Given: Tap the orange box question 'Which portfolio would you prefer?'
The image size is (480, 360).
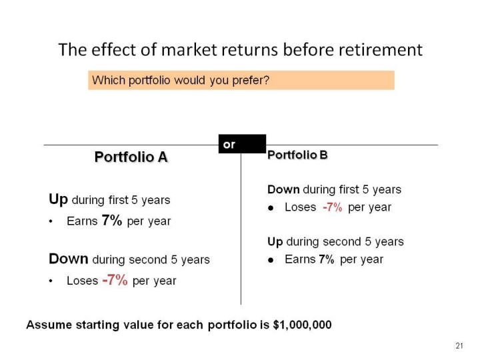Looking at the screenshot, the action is (241, 80).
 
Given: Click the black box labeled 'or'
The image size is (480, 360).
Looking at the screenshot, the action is (242, 144).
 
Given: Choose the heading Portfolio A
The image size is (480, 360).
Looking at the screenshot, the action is (131, 157).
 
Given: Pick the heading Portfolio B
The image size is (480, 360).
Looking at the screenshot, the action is (297, 155).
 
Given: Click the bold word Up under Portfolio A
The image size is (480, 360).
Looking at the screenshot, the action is (58, 199).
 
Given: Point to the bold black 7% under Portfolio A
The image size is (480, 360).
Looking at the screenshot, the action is (112, 220).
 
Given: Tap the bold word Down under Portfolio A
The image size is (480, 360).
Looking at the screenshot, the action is (69, 259).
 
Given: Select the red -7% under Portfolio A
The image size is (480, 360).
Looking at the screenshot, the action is (115, 280).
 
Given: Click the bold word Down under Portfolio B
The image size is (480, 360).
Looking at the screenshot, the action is (283, 189).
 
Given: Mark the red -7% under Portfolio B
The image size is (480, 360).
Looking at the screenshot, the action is (333, 207).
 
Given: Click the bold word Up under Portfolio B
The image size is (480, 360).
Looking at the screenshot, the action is (275, 242).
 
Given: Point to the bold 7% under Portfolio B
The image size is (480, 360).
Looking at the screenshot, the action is (326, 259).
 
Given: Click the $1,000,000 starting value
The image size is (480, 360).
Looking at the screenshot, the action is (302, 325).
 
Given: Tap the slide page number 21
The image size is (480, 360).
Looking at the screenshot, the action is (459, 346).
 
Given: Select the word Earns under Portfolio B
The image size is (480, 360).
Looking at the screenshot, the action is (300, 259).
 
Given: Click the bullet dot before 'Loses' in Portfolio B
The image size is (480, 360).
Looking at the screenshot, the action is (271, 208).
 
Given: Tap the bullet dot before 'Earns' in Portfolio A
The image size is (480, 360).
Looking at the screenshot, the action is (51, 221).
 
